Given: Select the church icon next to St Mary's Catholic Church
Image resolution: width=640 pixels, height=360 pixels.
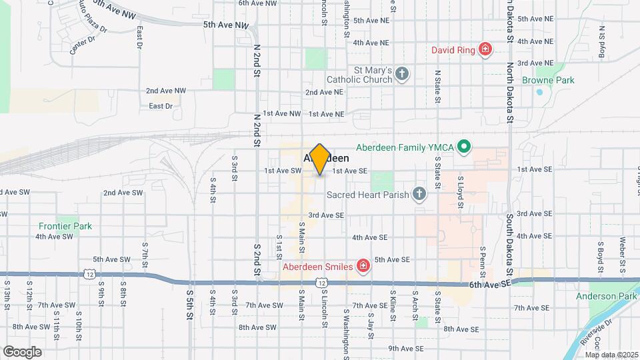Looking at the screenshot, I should pyautogui.click(x=401, y=73).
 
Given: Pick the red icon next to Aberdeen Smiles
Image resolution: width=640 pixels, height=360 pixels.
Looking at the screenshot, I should pyautogui.click(x=363, y=267).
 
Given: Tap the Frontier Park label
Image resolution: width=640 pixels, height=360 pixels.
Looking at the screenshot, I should pyautogui.click(x=65, y=226).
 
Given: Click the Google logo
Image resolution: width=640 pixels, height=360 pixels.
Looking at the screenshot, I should pyautogui.click(x=22, y=351).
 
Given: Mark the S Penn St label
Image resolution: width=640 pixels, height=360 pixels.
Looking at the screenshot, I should pyautogui.click(x=482, y=262).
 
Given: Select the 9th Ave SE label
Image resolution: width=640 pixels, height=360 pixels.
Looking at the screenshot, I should pyautogui.click(x=407, y=348).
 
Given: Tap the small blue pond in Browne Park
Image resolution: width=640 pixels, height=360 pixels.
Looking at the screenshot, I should pyautogui.click(x=539, y=92).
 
